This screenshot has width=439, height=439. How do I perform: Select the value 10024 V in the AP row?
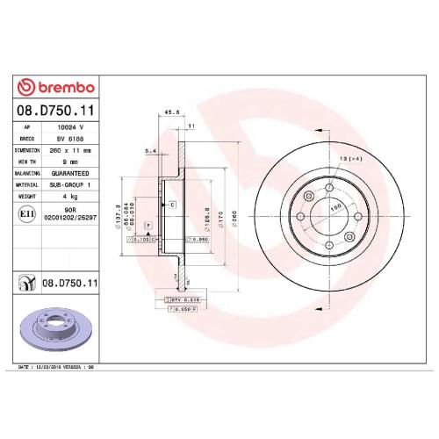pyautogui.click(x=83, y=128)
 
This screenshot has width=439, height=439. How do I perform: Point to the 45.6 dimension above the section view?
pyautogui.click(x=172, y=112)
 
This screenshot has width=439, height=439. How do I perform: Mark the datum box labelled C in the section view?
pyautogui.click(x=172, y=204)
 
